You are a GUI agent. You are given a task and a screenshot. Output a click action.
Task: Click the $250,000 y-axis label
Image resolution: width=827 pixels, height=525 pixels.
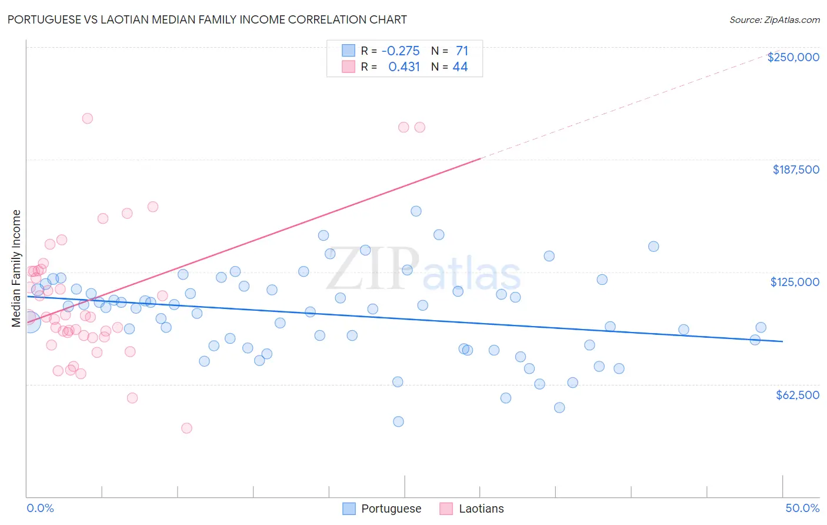click(x=793, y=57)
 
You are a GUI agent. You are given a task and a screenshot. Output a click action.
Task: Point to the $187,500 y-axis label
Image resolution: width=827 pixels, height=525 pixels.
click(x=795, y=170)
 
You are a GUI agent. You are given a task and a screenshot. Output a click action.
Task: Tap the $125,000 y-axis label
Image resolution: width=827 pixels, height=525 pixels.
click(x=795, y=282)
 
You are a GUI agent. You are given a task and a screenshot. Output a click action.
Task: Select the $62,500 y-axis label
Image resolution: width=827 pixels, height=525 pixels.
click(x=797, y=395)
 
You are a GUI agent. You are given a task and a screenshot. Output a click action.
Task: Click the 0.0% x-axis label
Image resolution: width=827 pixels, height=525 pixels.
click(x=40, y=508)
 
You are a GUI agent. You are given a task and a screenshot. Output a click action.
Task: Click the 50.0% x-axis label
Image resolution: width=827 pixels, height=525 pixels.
click(x=802, y=508)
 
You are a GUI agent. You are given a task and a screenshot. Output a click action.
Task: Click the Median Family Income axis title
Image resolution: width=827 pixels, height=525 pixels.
click(x=16, y=268)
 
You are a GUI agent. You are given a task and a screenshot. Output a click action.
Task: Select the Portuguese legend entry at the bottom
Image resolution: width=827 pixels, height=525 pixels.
click(x=382, y=509)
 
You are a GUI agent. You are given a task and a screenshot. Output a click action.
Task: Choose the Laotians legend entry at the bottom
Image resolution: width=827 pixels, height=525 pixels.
click(x=472, y=509)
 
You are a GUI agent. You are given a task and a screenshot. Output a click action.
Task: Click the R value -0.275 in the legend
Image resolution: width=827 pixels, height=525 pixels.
click(x=401, y=51)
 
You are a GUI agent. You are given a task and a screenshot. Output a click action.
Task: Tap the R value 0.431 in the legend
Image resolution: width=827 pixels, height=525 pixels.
click(x=404, y=67)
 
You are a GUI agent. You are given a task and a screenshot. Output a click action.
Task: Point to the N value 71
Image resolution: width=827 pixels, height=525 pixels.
click(x=462, y=51)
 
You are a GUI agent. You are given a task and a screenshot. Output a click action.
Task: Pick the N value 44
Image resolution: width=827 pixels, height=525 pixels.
click(x=460, y=67)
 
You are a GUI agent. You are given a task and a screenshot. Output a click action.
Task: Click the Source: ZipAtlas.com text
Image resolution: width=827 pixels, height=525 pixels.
click(x=774, y=20)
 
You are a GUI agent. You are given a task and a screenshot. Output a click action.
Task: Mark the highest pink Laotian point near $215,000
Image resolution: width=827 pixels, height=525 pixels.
click(x=87, y=118)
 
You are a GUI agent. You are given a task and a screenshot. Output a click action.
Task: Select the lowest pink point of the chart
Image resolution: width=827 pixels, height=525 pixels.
click(x=186, y=428)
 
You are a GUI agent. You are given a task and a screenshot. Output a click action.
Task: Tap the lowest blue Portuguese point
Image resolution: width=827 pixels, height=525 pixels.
click(x=398, y=421)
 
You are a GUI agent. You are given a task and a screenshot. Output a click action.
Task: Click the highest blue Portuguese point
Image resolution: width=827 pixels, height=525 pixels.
click(x=416, y=211)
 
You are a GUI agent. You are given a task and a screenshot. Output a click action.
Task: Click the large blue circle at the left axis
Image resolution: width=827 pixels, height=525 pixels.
click(x=29, y=322)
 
